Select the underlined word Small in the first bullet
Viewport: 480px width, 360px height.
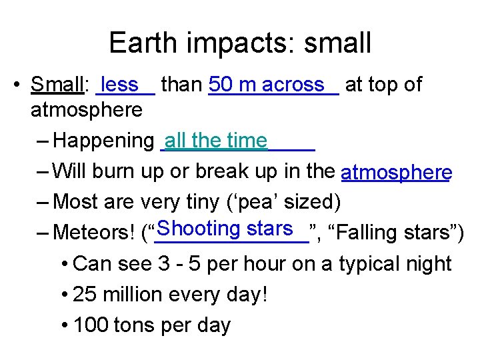tap(57, 85)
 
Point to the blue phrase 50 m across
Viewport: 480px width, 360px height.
tap(266, 85)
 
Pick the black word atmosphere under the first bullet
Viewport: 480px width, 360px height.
tap(87, 109)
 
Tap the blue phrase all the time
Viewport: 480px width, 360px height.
tap(215, 141)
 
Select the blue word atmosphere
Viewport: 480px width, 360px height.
tap(396, 173)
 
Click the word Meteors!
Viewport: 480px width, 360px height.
tap(94, 233)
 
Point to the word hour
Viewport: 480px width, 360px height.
tap(264, 264)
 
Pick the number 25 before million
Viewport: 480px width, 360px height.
tap(84, 295)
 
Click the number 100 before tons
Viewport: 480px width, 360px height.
tap(91, 325)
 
